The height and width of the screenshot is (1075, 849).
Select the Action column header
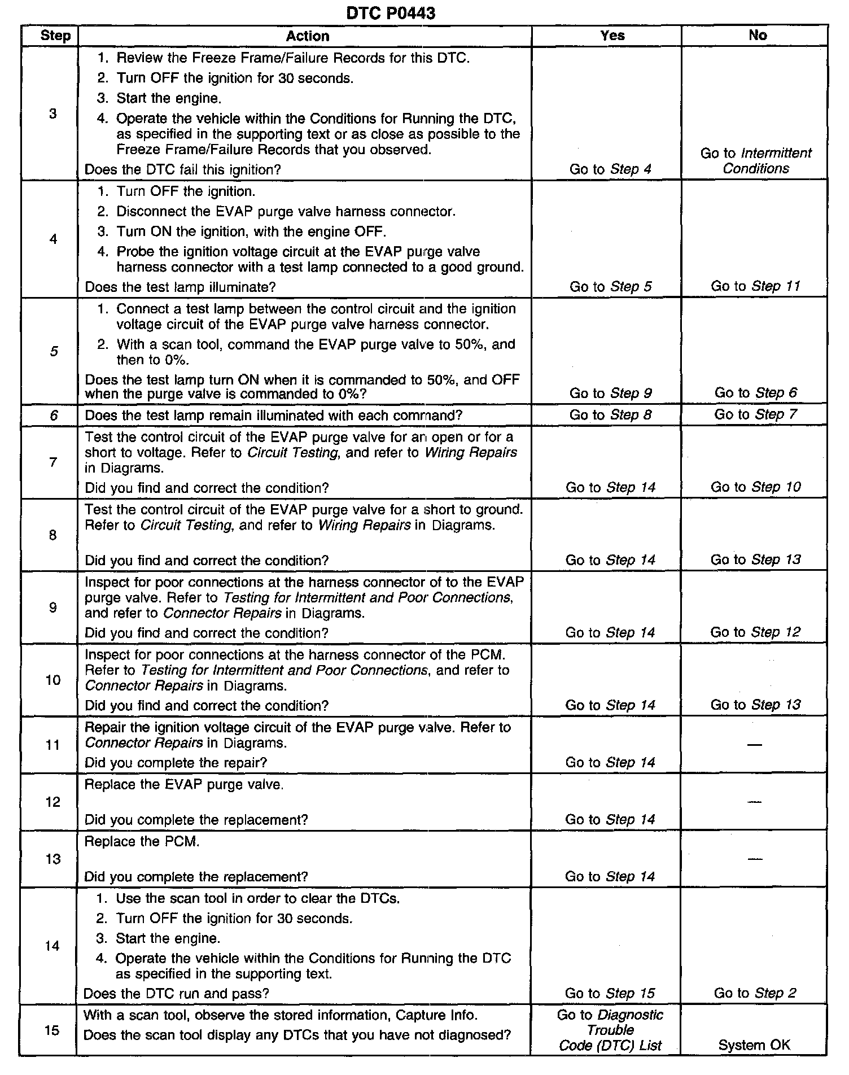coord(307,36)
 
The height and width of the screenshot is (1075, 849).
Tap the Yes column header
coord(612,36)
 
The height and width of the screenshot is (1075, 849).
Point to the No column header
coord(758,35)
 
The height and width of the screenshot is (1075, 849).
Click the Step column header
coord(55,36)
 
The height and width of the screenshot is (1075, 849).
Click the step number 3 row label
coord(52,114)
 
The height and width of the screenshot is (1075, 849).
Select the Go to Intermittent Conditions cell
coord(756,161)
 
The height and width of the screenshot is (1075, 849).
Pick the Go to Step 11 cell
coord(755,286)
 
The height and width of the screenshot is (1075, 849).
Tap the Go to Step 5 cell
coord(610,287)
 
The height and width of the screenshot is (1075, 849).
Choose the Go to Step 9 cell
coord(610,393)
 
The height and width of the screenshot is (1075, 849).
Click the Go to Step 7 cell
coord(755,414)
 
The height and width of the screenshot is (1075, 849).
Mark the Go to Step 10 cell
coord(755,487)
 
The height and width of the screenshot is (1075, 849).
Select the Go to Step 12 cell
coord(755,632)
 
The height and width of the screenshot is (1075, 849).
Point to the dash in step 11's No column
coord(755,745)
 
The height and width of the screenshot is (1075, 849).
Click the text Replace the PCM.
coord(142,841)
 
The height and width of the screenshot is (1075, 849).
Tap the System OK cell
coord(754,1045)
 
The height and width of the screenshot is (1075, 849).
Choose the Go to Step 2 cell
coord(755,993)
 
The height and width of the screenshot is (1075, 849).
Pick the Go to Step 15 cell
coord(610,993)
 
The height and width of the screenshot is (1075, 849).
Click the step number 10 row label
coord(52,680)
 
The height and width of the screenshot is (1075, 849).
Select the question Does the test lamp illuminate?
coord(180,287)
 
